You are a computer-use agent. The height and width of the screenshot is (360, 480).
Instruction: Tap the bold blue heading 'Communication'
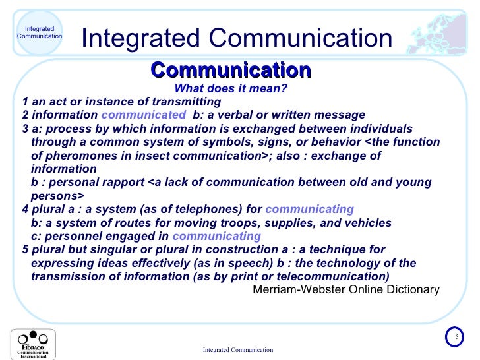pyautogui.click(x=231, y=70)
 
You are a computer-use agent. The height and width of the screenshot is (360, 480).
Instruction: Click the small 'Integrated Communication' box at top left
pyautogui.click(x=40, y=32)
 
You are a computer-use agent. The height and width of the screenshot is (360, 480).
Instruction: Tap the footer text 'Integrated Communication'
pyautogui.click(x=237, y=349)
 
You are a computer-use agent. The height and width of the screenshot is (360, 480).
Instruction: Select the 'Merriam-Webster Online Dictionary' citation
pyautogui.click(x=345, y=289)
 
